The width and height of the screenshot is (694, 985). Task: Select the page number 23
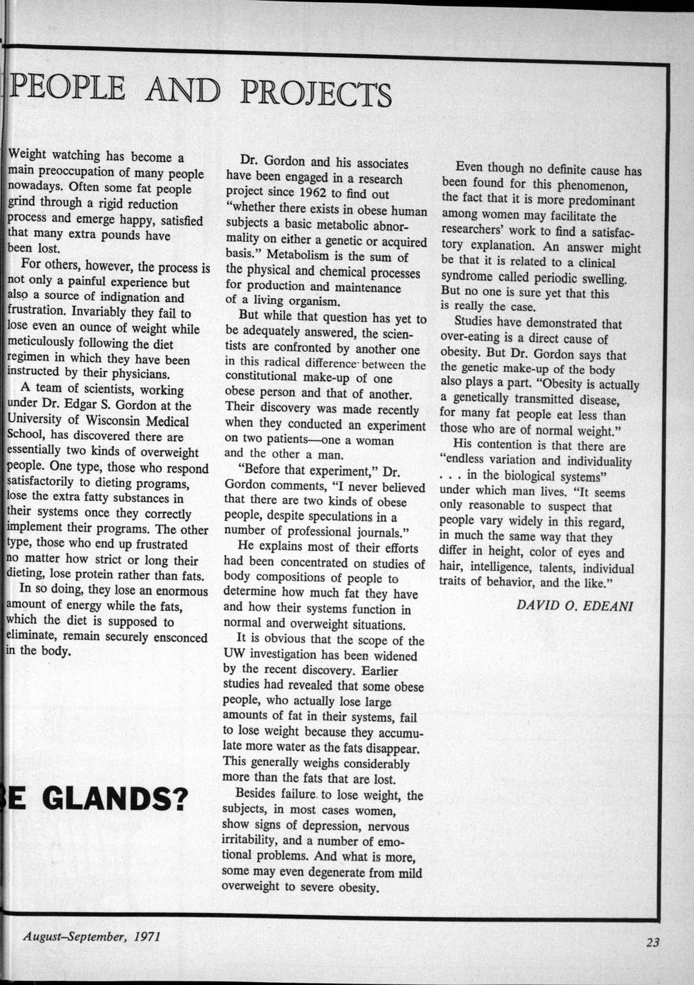[653, 942]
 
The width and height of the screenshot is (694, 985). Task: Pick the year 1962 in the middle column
[315, 193]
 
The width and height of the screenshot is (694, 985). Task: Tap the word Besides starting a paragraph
[258, 794]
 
